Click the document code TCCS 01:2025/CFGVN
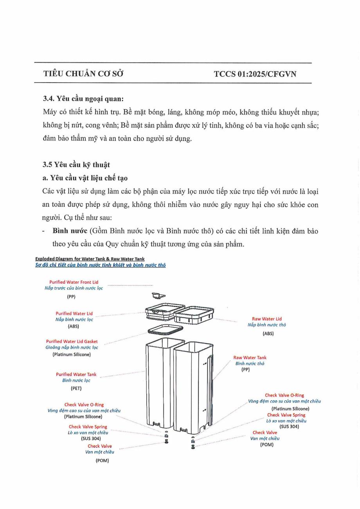pos(255,74)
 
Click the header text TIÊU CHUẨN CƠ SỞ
pos(83,74)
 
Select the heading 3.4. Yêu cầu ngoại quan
pos(83,99)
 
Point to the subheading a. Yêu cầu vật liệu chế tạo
pos(85,178)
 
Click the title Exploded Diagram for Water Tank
pos(90,259)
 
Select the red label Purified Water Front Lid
pos(74,282)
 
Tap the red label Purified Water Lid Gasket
pos(72,342)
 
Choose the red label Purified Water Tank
pos(76,374)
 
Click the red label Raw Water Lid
pos(266,319)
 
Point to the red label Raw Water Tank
pos(250,358)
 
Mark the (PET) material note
pos(76,388)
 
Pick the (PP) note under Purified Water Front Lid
pos(71,297)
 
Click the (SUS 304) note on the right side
pos(289,426)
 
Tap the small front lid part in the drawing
pos(158,296)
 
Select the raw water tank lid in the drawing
pos(194,313)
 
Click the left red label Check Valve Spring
pos(88,427)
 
